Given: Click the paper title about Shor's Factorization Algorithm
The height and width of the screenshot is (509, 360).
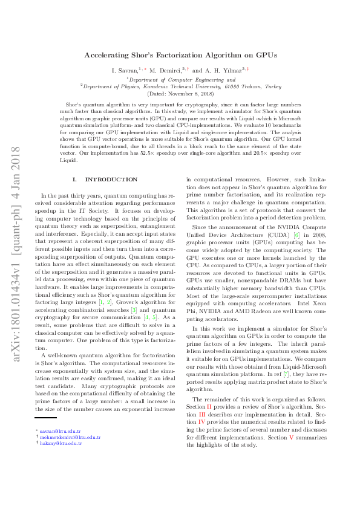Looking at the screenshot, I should click(x=180, y=54).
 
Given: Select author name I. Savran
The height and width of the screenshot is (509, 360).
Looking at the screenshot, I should click(x=124, y=71).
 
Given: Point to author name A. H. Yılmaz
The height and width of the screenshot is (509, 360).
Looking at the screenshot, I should click(x=223, y=71).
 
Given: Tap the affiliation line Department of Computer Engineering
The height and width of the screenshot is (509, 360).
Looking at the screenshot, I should click(x=180, y=79).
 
